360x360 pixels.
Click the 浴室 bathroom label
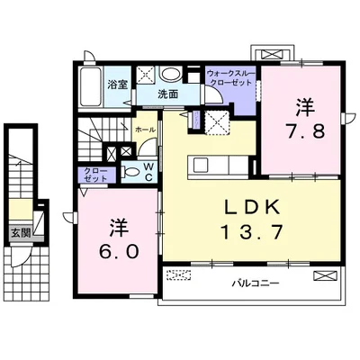(x=118, y=85)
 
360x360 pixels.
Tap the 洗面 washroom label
(x=168, y=94)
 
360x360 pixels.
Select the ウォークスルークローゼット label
(x=230, y=77)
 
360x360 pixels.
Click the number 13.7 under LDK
(x=252, y=232)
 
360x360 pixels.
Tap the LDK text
(x=252, y=207)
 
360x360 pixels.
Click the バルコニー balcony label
(x=256, y=283)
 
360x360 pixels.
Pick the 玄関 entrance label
(x=21, y=233)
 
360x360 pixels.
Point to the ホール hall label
(x=145, y=130)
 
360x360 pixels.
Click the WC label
(x=148, y=172)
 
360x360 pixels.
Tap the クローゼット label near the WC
(x=96, y=175)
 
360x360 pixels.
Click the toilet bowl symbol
(x=130, y=172)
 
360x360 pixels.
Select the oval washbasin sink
(x=170, y=74)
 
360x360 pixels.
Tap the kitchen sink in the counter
(x=199, y=165)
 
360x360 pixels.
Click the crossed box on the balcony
(x=325, y=275)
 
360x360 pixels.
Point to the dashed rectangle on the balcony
(x=179, y=274)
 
